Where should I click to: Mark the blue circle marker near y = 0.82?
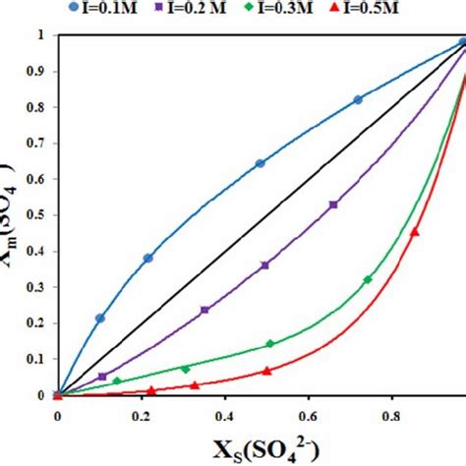pyautogui.click(x=358, y=99)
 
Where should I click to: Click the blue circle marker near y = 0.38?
pyautogui.click(x=148, y=259)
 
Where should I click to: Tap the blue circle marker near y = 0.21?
pyautogui.click(x=99, y=319)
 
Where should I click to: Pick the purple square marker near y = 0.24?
pyautogui.click(x=204, y=310)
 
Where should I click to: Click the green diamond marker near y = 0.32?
pyautogui.click(x=368, y=280)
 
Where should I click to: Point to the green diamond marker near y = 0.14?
pyautogui.click(x=270, y=344)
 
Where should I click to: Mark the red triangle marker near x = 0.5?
pyautogui.click(x=266, y=371)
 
